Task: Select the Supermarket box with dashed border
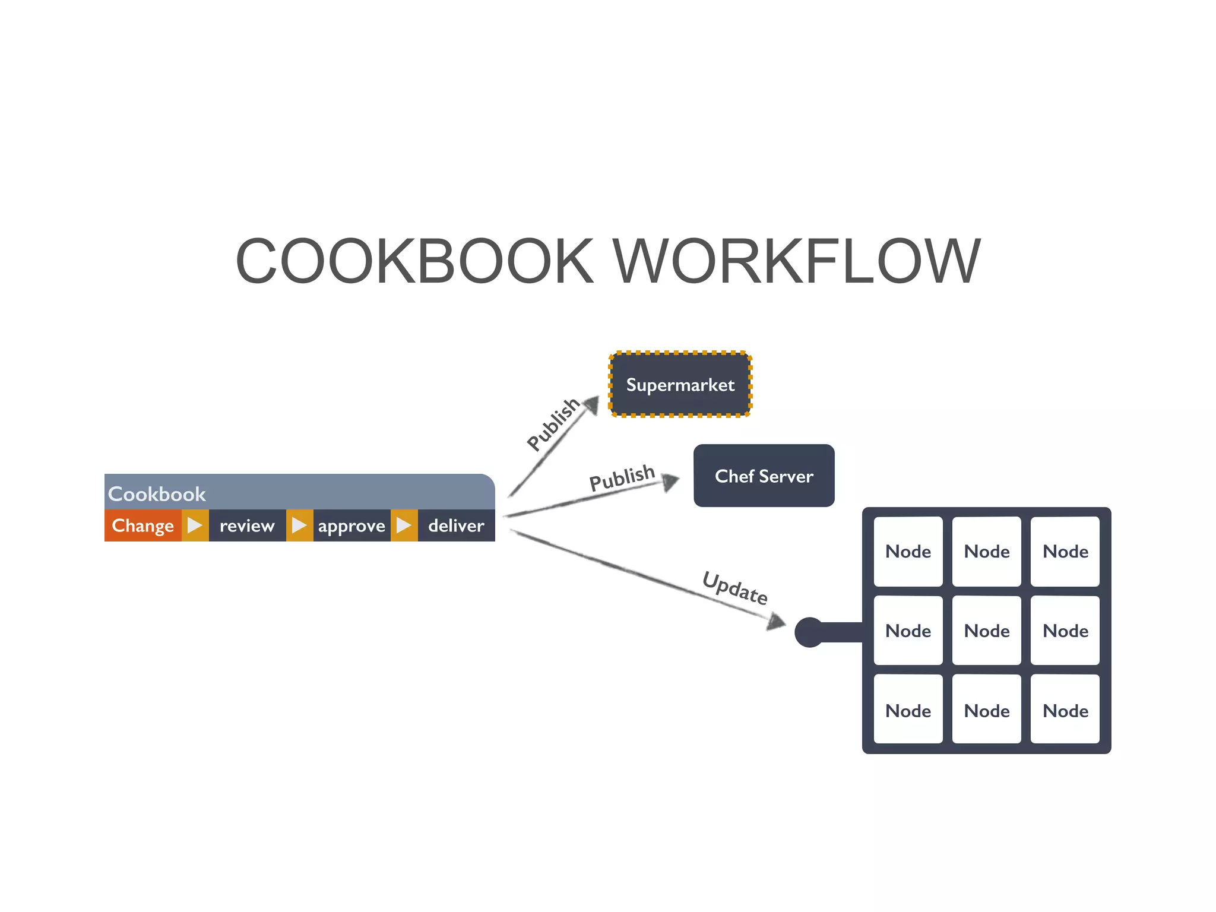(x=680, y=385)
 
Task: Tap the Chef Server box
(x=764, y=476)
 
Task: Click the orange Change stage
(x=142, y=525)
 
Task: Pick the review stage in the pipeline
(x=247, y=525)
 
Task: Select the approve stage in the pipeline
(x=351, y=525)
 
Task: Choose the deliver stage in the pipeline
(x=456, y=525)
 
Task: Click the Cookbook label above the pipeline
(x=157, y=493)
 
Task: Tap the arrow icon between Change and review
(x=195, y=525)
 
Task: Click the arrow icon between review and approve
(x=299, y=525)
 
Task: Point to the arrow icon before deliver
(x=404, y=525)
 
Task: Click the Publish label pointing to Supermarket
(x=553, y=424)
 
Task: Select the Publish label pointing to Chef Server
(x=622, y=477)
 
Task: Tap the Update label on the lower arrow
(x=735, y=588)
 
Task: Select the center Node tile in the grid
(x=986, y=631)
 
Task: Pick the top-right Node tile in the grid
(x=1065, y=551)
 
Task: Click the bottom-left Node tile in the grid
(x=908, y=710)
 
